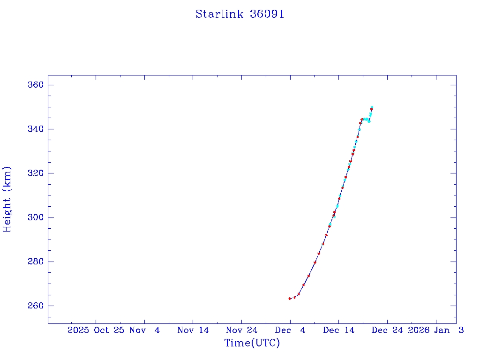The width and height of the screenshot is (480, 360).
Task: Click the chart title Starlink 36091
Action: pyautogui.click(x=240, y=14)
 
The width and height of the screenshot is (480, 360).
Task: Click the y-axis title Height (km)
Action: pyautogui.click(x=7, y=199)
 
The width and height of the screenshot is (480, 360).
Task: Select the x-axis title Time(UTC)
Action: pyautogui.click(x=252, y=343)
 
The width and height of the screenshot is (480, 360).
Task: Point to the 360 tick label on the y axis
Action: pyautogui.click(x=36, y=85)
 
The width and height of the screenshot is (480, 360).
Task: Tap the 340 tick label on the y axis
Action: pyautogui.click(x=36, y=129)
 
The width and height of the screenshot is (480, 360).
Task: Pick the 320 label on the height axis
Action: pyautogui.click(x=36, y=173)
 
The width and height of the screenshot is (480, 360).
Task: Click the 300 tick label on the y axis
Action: pyautogui.click(x=36, y=217)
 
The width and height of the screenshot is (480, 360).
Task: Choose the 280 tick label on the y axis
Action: pyautogui.click(x=36, y=262)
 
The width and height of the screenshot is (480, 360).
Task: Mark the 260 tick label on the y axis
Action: pyautogui.click(x=36, y=306)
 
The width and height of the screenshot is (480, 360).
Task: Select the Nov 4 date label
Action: pyautogui.click(x=145, y=330)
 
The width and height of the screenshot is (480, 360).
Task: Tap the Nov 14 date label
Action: pyautogui.click(x=193, y=330)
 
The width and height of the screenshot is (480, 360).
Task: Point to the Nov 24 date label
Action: pyautogui.click(x=241, y=330)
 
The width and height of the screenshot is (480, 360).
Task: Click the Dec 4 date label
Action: pyautogui.click(x=290, y=330)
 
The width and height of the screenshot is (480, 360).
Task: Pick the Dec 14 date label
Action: pyautogui.click(x=338, y=330)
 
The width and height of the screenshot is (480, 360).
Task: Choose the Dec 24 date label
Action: pyautogui.click(x=387, y=330)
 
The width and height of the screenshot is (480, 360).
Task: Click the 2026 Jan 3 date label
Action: pyautogui.click(x=435, y=330)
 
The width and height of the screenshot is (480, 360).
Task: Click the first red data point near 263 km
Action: pyautogui.click(x=290, y=299)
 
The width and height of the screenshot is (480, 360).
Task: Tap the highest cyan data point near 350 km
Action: pyautogui.click(x=372, y=107)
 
